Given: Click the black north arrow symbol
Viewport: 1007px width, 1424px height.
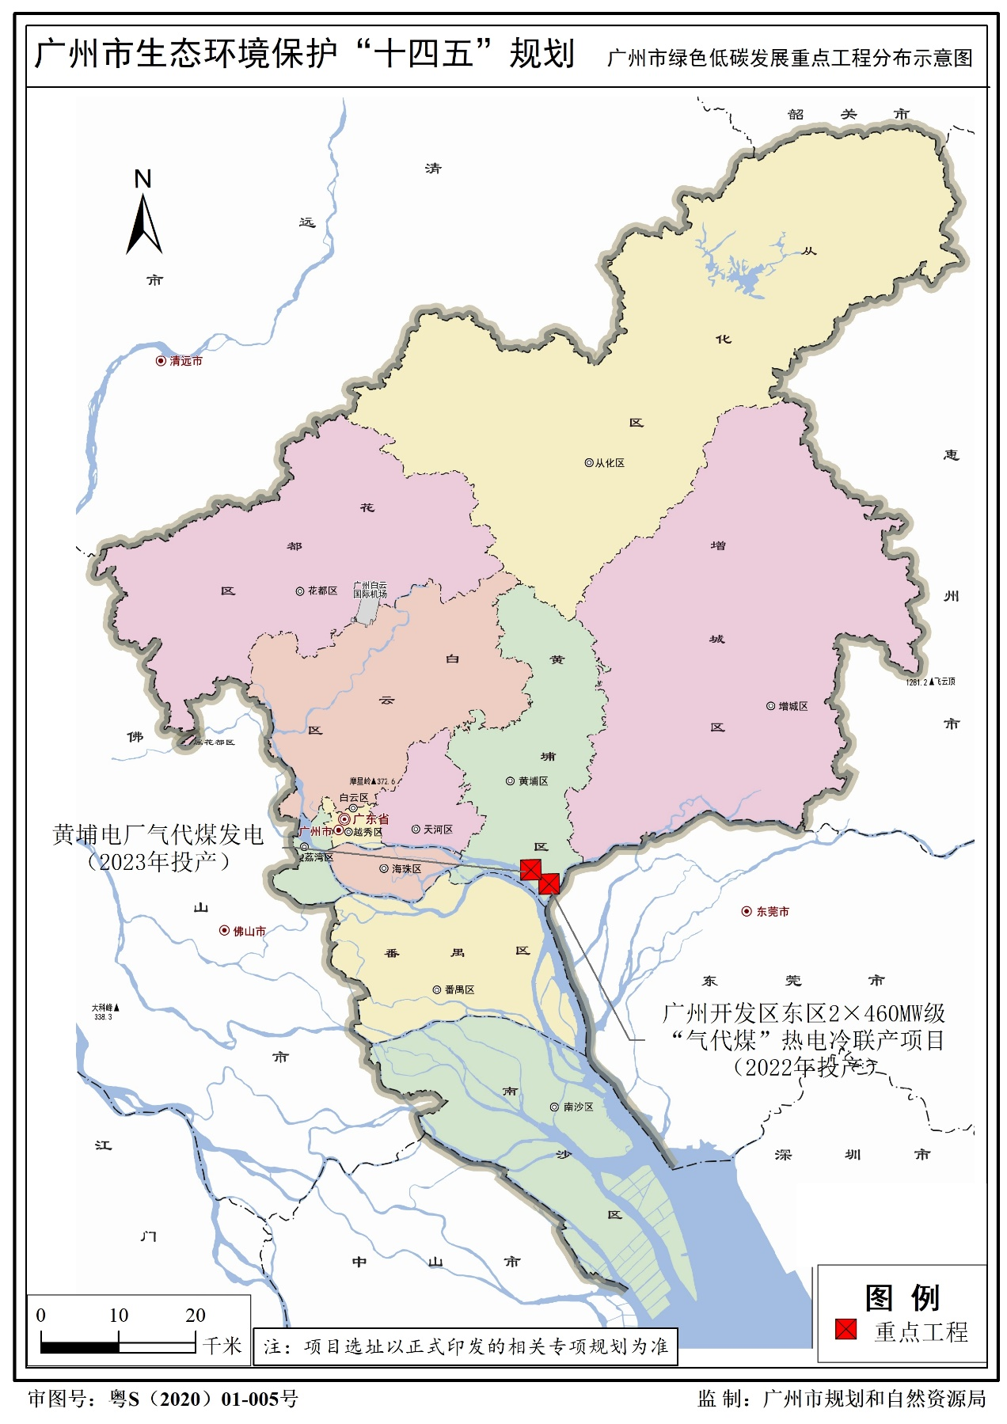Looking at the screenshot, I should coord(144,225).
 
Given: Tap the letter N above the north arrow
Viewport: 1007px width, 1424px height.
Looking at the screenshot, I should coord(142,179).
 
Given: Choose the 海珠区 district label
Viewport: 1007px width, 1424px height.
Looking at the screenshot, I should coord(406,869).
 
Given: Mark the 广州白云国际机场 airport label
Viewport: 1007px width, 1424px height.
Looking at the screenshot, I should coord(370,590).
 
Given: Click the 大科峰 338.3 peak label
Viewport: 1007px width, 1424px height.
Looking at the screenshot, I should coord(104,1012).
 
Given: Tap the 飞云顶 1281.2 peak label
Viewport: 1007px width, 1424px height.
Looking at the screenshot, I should coord(931,682).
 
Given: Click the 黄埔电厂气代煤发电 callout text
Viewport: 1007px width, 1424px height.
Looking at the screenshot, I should coord(158,835).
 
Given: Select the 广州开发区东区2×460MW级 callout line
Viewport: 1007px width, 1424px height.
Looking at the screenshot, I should coord(804,1013).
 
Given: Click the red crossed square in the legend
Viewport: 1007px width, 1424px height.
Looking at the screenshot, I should coord(845,1329).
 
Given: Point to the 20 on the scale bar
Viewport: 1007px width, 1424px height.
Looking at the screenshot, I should coord(196,1316).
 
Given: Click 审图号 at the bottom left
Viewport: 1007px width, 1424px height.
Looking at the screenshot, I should coord(59,1399).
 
